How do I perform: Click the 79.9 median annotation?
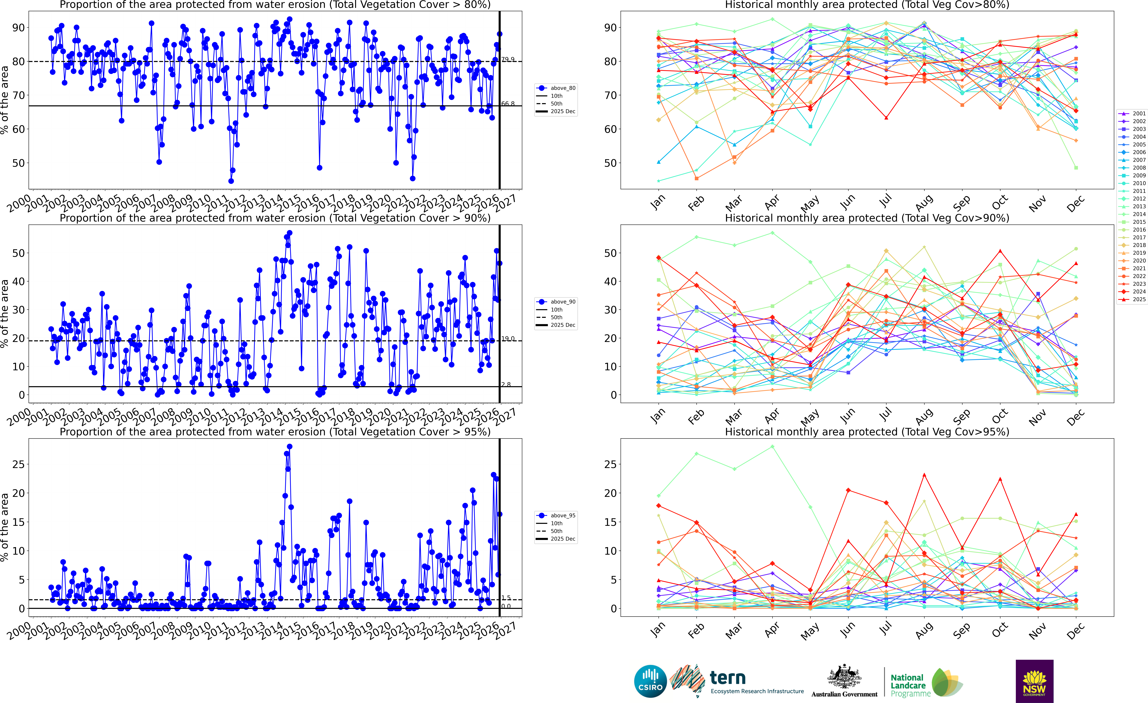pyautogui.click(x=508, y=59)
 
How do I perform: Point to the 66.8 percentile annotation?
pyautogui.click(x=508, y=104)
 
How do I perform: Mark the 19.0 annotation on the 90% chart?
pyautogui.click(x=508, y=338)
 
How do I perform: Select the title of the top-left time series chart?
pyautogui.click(x=275, y=5)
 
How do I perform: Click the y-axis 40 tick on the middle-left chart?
pyautogui.click(x=18, y=282)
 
